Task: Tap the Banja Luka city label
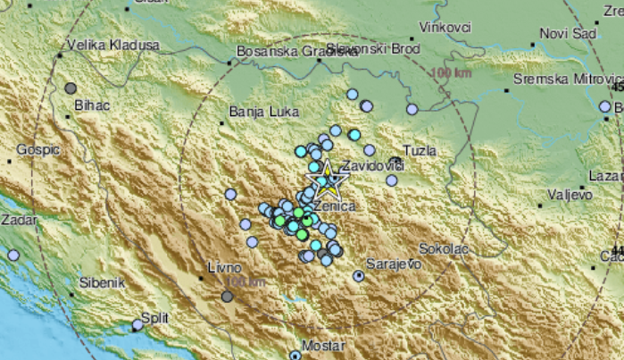(254, 113)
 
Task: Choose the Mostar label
(324, 345)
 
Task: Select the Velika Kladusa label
(113, 44)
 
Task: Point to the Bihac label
(91, 105)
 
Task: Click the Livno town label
(224, 266)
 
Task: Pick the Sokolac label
(444, 251)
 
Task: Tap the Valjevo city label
(569, 193)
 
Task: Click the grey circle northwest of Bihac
(71, 88)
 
